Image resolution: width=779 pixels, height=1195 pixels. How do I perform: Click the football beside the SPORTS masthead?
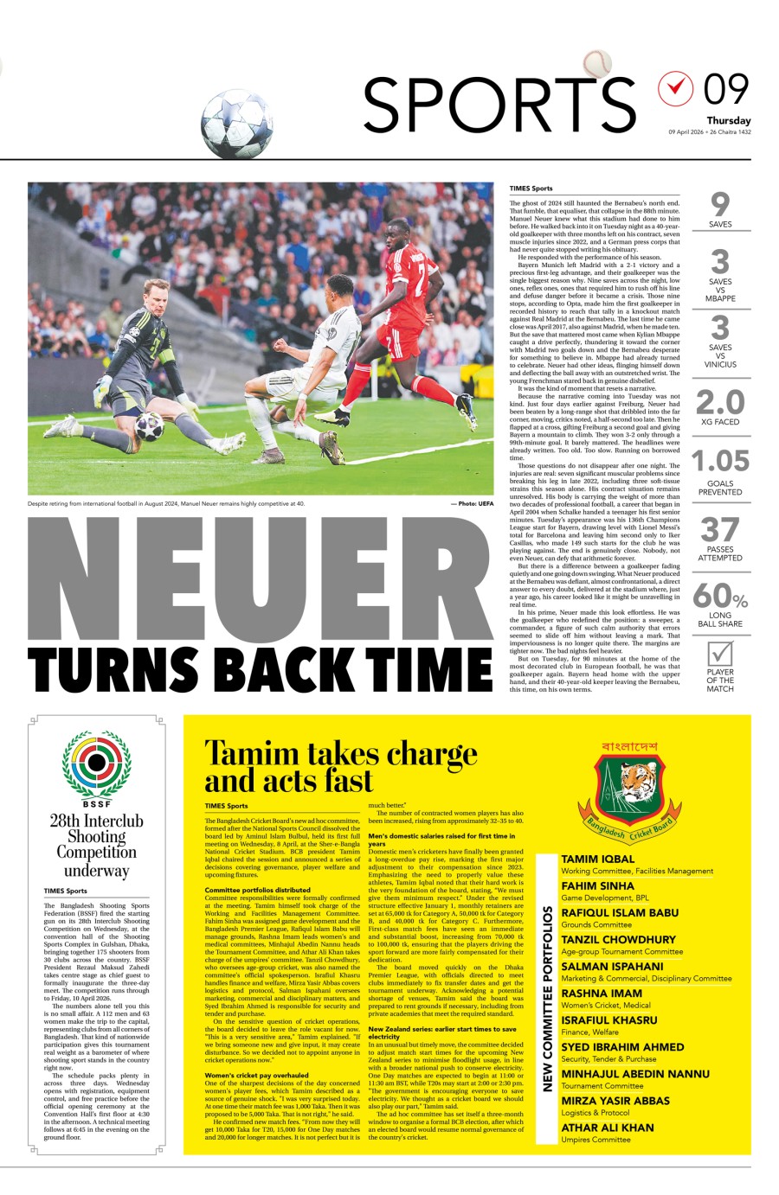tap(236, 124)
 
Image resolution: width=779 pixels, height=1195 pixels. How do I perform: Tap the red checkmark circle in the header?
tap(676, 88)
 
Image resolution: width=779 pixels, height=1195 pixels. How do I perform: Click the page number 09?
tap(725, 89)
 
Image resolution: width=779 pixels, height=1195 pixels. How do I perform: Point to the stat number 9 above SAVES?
tap(720, 204)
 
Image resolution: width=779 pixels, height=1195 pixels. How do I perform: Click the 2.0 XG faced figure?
tap(720, 402)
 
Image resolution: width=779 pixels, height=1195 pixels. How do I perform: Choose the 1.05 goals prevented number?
tap(720, 460)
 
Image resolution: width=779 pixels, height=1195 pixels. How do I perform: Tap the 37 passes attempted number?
tap(720, 529)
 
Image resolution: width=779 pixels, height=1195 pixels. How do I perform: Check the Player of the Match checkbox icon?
tap(720, 654)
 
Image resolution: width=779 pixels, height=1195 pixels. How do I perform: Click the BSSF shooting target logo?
tap(96, 764)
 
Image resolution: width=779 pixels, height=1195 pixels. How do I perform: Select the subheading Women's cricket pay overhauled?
tap(256, 1075)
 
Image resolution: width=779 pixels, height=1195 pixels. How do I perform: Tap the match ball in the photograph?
tap(149, 425)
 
